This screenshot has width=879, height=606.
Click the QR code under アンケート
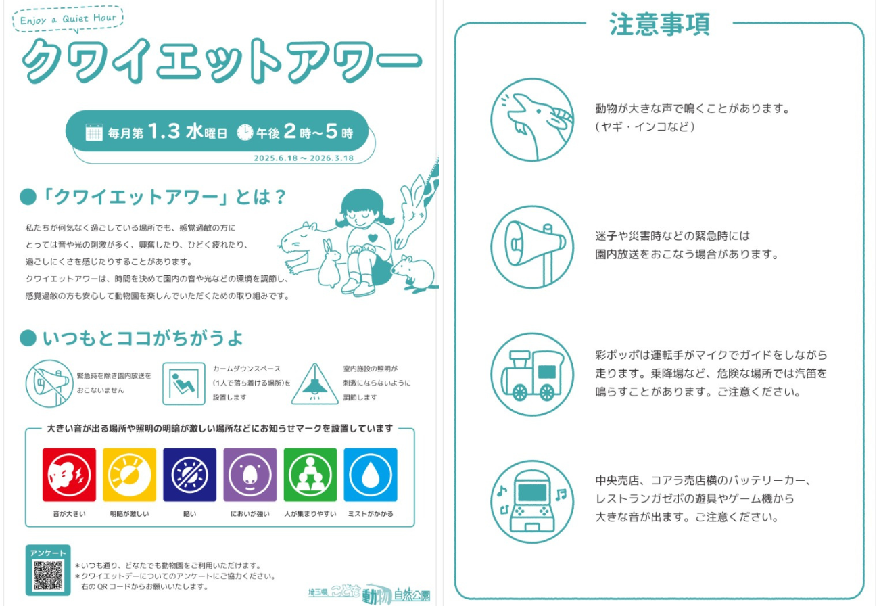[x=48, y=576]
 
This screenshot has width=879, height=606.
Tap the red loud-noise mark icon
[x=69, y=475]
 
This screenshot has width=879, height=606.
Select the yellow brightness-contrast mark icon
[x=130, y=475]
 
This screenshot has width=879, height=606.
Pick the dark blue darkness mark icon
[x=189, y=475]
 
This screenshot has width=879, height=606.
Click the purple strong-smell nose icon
[x=250, y=475]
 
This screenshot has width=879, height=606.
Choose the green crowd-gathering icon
[x=310, y=475]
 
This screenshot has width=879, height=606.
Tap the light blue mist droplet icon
[x=371, y=475]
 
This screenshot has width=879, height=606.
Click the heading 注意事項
[x=660, y=24]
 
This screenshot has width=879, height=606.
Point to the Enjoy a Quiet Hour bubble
[x=68, y=18]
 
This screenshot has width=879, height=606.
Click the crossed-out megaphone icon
[x=49, y=383]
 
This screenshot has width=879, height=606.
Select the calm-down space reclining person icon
[x=184, y=383]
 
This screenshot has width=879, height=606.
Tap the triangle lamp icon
[x=314, y=384]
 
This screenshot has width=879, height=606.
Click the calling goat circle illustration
[x=532, y=120]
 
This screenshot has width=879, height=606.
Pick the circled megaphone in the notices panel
[x=532, y=248]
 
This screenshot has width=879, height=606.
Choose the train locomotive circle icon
[x=532, y=375]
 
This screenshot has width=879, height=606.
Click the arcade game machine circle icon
[x=532, y=502]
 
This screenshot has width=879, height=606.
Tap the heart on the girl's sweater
[x=373, y=237]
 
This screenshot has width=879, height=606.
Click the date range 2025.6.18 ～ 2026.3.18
[x=304, y=158]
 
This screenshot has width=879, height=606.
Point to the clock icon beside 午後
[x=245, y=133]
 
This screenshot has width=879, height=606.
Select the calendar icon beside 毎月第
[x=94, y=133]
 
